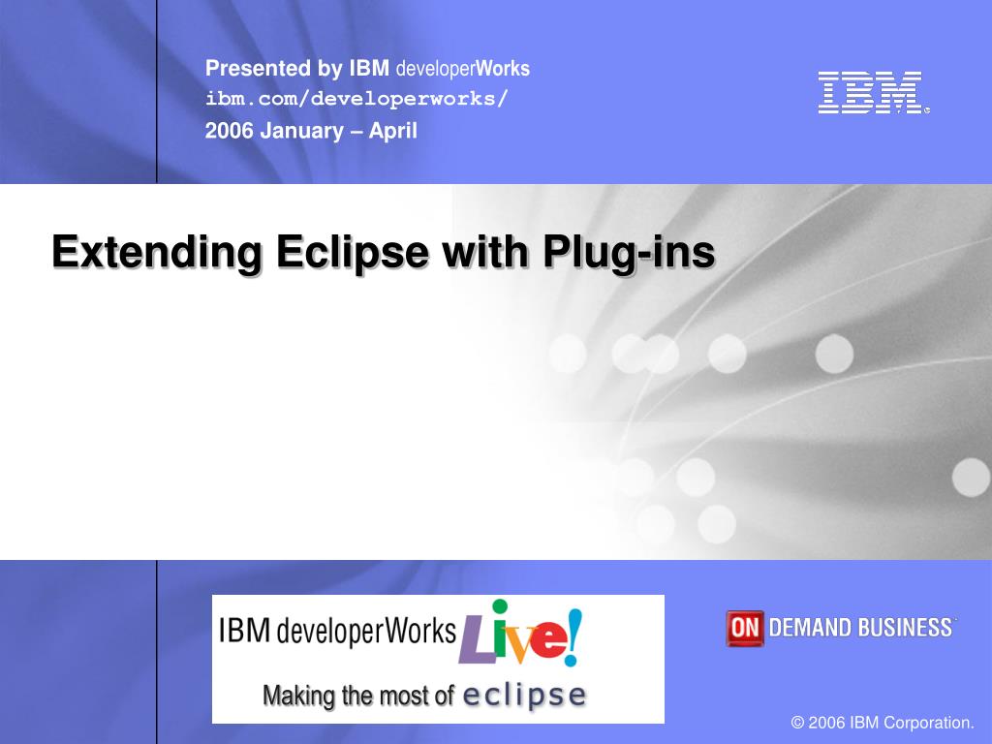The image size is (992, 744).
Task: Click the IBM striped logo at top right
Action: pyautogui.click(x=870, y=93)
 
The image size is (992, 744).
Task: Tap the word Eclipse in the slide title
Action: pyautogui.click(x=353, y=253)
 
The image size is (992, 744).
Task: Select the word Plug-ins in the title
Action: pyautogui.click(x=629, y=253)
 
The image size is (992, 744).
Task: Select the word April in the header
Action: pyautogui.click(x=393, y=131)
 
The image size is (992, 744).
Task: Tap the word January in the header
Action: pyautogui.click(x=301, y=131)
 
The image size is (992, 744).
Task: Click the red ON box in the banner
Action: pyautogui.click(x=745, y=628)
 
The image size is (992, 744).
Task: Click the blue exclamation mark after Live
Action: pyautogui.click(x=574, y=634)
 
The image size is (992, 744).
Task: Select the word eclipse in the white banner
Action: pyautogui.click(x=524, y=696)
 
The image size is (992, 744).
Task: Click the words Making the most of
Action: pyautogui.click(x=358, y=696)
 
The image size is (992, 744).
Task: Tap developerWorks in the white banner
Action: pyautogui.click(x=366, y=632)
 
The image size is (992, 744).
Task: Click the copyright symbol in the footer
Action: pyautogui.click(x=797, y=723)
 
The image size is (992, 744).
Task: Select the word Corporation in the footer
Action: pyautogui.click(x=933, y=723)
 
